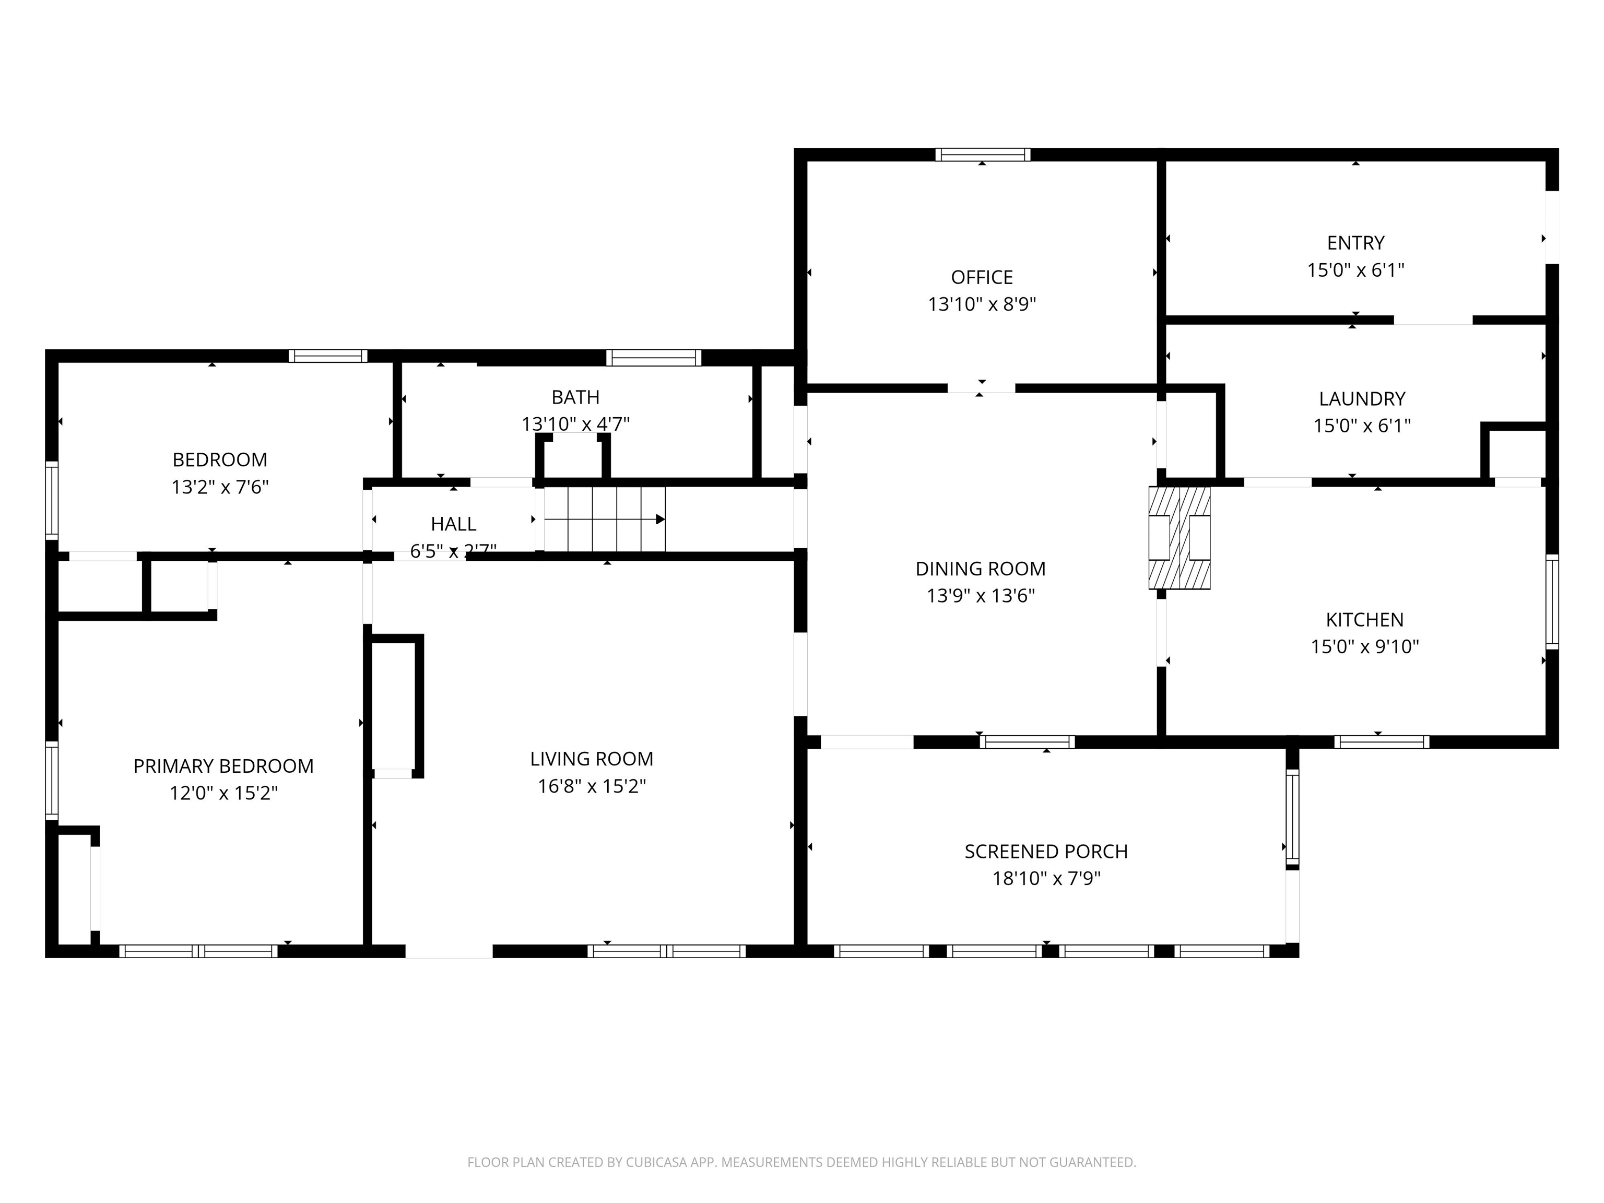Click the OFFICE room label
(x=981, y=277)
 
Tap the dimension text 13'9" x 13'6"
(x=981, y=595)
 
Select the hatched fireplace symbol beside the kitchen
(x=1179, y=537)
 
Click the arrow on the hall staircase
(x=660, y=519)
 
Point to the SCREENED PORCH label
(x=1046, y=851)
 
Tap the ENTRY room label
(x=1355, y=242)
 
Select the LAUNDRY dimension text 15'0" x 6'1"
(x=1362, y=426)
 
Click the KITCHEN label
(x=1364, y=619)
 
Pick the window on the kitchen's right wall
(x=1552, y=601)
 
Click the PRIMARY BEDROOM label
(x=223, y=766)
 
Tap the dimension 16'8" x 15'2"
(x=592, y=786)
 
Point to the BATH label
(x=575, y=397)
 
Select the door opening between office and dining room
(x=981, y=388)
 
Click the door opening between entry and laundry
(x=1433, y=320)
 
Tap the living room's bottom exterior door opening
(x=449, y=951)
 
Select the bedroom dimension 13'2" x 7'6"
(x=220, y=487)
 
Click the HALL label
(x=453, y=524)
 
